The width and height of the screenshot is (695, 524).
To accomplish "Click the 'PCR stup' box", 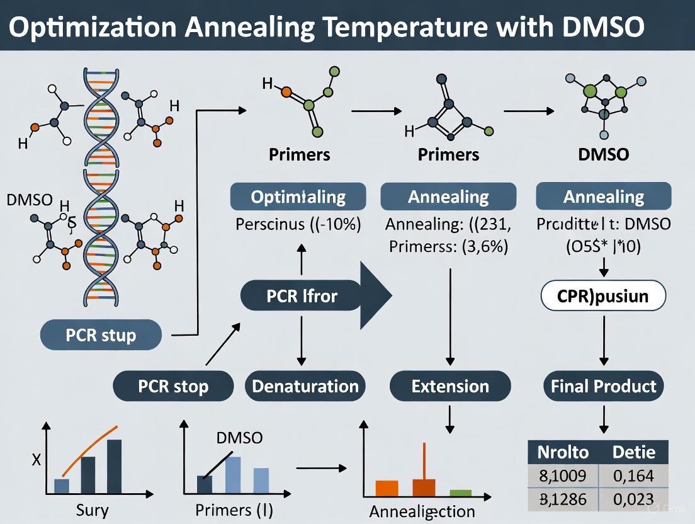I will coord(101,335).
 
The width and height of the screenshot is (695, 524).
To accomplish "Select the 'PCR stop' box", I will coord(173,386).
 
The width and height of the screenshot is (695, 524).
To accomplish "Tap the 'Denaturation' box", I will coord(305,386).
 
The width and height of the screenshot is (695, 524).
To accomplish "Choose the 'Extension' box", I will coord(450,386).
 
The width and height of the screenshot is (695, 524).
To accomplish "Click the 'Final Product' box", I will coord(604,386).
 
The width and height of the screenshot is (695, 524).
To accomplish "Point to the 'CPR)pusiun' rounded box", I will coord(603,295).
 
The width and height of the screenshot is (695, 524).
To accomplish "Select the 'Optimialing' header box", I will coord(298,196).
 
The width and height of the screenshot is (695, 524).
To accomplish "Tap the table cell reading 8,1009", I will coord(562,475).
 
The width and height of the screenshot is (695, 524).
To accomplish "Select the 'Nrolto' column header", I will coord(562,452).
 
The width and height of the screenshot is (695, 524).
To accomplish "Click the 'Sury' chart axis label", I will coord(91,510).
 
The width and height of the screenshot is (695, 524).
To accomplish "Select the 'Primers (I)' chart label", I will coord(234,510).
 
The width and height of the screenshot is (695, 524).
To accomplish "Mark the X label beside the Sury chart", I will coord(36,460).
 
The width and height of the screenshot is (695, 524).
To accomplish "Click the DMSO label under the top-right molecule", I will coord(604,154).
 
